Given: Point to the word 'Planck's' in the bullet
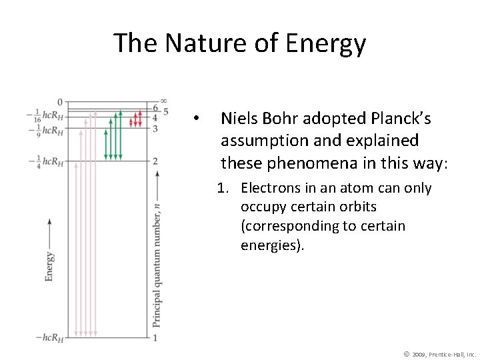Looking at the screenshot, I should (398, 119).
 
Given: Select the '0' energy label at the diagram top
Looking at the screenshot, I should (59, 102).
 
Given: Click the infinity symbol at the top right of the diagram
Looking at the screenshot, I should (163, 101).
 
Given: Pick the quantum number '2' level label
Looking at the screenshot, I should (155, 161).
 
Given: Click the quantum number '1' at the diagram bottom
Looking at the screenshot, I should (155, 338).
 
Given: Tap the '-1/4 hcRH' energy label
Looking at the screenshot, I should (47, 161).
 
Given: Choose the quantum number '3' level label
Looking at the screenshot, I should (155, 128).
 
